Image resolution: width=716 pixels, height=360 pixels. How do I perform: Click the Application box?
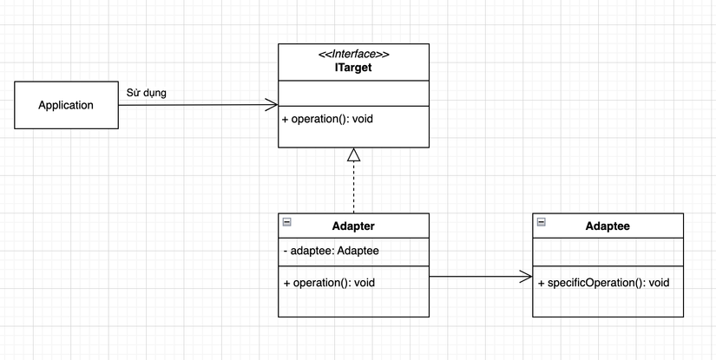coord(66,105)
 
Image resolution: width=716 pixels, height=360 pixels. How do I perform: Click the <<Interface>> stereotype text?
coord(353,54)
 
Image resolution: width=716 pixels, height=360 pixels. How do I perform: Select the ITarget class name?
coord(353,67)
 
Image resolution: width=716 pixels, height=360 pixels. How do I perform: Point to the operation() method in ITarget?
coord(327,119)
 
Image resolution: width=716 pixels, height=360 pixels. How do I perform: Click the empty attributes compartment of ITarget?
coord(353,94)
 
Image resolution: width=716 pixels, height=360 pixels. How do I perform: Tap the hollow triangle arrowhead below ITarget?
coord(353,155)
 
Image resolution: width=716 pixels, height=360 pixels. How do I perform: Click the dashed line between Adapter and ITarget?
coord(353,187)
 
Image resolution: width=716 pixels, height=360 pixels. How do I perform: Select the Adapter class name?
coord(353,226)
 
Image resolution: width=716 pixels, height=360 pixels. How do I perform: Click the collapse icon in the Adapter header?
coord(287,222)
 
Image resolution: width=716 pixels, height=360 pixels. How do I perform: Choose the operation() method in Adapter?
coord(329,282)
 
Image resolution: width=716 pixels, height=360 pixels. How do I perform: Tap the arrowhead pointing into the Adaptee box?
coord(526,278)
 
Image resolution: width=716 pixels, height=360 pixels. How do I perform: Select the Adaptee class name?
coord(608,226)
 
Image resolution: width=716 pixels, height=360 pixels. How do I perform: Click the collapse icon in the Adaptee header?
coord(542,222)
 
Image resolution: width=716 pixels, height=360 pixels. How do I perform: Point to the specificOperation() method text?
coord(602,283)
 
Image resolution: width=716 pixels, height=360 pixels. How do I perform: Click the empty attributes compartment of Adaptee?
coord(608,255)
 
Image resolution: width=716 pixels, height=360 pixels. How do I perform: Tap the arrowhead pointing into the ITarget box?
coord(271,105)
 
